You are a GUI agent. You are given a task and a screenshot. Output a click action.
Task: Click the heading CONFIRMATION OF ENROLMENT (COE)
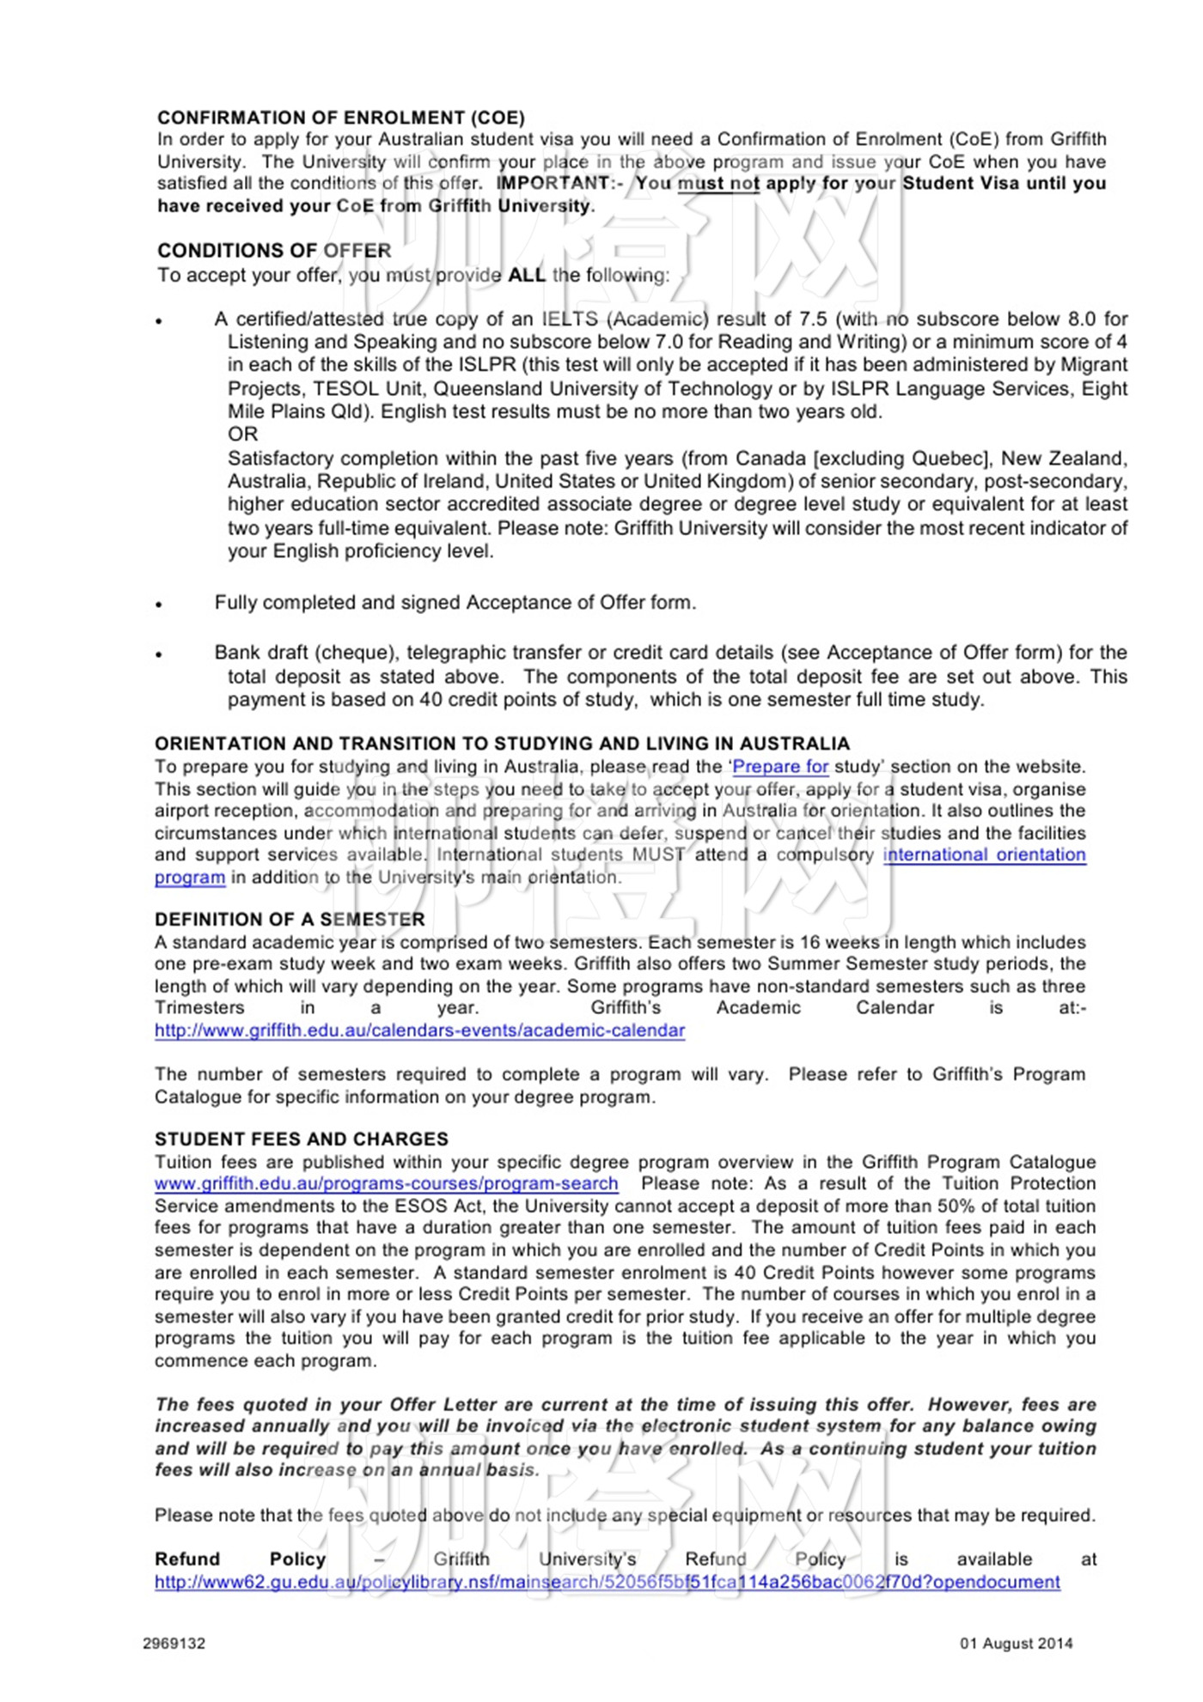tap(340, 118)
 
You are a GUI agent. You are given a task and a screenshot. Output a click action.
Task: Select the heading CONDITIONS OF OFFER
tap(273, 251)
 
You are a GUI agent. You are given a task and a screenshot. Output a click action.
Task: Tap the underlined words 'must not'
tap(718, 184)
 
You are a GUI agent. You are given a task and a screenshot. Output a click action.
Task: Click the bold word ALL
tap(527, 276)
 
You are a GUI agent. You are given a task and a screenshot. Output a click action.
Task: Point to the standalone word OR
tap(242, 435)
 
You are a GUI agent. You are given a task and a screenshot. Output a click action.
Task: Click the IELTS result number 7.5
tap(812, 319)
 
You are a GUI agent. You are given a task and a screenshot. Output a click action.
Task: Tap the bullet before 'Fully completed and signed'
tap(159, 605)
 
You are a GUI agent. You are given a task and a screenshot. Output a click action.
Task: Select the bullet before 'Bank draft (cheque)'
tap(159, 654)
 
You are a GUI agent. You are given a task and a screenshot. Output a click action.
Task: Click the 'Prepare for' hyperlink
tap(780, 767)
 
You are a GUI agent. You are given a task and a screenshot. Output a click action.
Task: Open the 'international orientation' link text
tap(984, 855)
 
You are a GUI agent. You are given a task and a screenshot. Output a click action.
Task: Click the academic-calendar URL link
tap(419, 1030)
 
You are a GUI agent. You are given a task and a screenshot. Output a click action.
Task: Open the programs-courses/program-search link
tap(386, 1184)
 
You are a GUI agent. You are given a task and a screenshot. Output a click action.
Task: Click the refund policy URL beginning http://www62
tap(607, 1582)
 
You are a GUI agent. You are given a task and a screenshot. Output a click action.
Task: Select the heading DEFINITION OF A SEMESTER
tap(290, 920)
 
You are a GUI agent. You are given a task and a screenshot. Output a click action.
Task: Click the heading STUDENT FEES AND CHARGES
tap(301, 1140)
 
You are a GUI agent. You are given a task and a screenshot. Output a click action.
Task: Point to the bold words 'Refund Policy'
tap(240, 1559)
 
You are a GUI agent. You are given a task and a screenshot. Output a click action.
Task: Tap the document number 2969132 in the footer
tap(174, 1644)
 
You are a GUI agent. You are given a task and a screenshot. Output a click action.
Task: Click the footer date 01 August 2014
tap(1016, 1644)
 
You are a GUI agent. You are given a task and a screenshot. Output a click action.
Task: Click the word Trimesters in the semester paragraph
tap(199, 1008)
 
